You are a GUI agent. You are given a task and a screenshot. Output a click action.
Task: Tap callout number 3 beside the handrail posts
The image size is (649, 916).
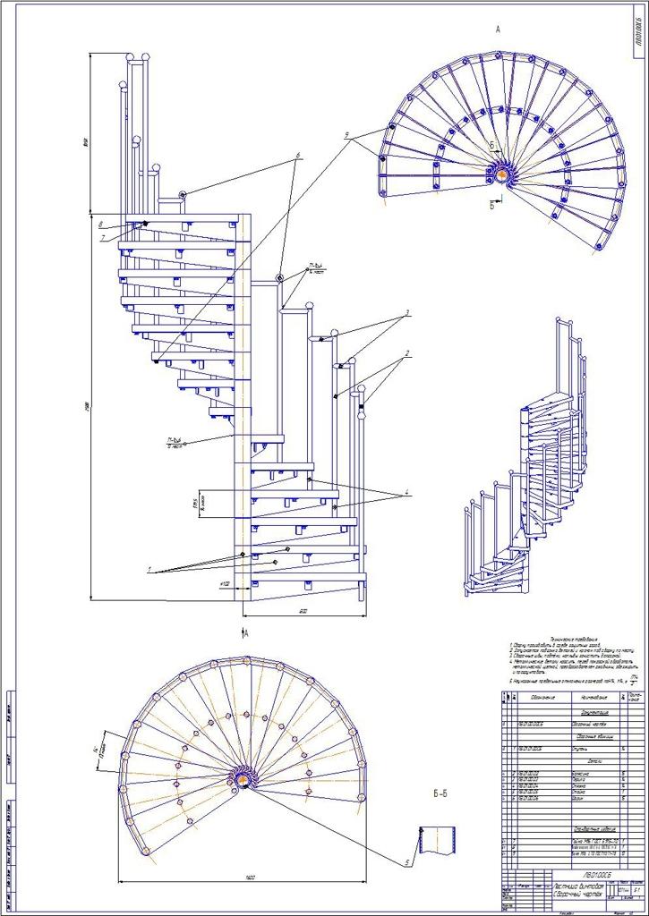click(406, 313)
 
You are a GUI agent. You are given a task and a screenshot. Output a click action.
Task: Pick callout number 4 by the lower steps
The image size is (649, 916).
click(406, 493)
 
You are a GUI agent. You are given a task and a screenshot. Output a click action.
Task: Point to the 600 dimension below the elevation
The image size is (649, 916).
click(304, 612)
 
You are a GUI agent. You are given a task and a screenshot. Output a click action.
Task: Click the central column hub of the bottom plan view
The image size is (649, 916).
click(243, 779)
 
